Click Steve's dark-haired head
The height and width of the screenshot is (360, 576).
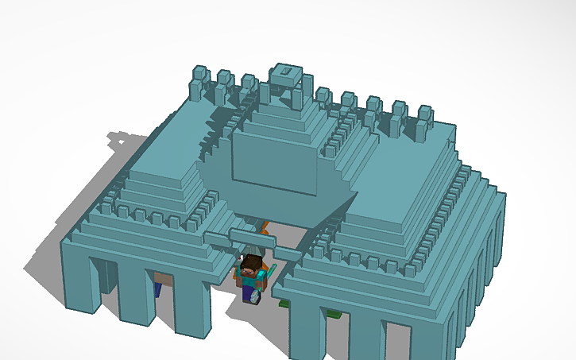(252, 264)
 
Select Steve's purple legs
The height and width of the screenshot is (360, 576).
(251, 294)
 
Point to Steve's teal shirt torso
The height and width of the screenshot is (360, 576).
(251, 279)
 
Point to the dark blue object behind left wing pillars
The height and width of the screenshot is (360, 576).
(159, 289)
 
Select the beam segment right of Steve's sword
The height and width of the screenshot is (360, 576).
(288, 254)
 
